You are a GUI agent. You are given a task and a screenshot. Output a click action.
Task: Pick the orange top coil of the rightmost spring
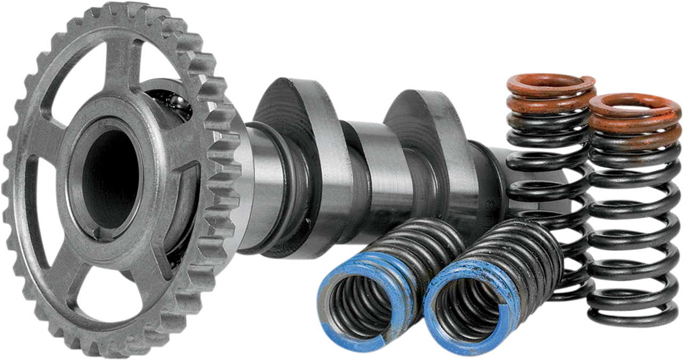632,104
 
